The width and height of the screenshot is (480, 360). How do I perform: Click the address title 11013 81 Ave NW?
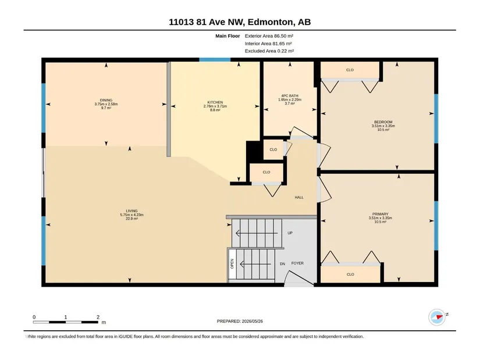(206, 22)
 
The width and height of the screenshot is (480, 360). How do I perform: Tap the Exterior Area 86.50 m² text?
(269, 36)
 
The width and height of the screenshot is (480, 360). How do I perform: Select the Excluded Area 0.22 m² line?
(269, 51)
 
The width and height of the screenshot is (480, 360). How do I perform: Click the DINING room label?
(106, 100)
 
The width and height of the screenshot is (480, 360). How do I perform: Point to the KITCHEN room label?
(215, 102)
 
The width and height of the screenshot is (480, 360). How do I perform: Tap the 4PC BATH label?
(290, 96)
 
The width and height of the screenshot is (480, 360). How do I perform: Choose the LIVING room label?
(131, 211)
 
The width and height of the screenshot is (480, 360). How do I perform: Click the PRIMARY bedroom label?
(380, 214)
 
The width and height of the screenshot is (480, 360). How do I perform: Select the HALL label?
(299, 198)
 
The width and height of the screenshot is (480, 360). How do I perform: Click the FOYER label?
(297, 263)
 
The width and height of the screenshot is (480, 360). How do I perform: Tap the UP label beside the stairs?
(290, 233)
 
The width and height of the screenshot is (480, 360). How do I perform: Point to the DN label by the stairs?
(282, 263)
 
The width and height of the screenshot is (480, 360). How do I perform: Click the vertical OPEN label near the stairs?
(232, 263)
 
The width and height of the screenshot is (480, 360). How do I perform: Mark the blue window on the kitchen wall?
(215, 60)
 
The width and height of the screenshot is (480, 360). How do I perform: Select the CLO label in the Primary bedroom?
(350, 275)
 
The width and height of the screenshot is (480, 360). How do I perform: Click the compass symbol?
(437, 317)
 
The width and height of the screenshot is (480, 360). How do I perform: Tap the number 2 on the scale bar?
(98, 317)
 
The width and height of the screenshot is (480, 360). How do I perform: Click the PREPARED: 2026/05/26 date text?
(240, 321)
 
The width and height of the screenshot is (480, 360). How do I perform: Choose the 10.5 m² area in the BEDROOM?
(383, 130)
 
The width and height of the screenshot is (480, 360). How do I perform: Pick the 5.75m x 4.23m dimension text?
(131, 215)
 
